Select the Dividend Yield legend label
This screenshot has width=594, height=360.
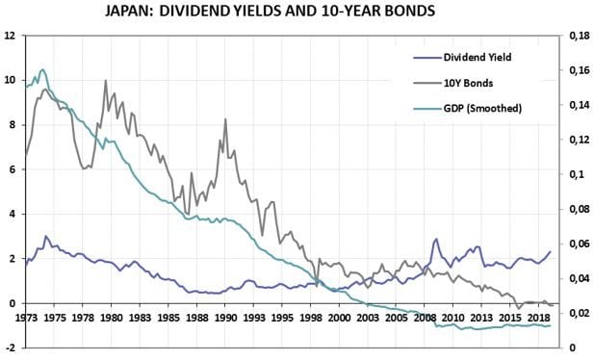(x=478, y=57)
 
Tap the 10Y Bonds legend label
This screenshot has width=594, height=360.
(x=469, y=83)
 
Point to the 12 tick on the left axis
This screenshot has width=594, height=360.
(x=10, y=36)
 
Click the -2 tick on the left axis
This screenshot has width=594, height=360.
(x=10, y=348)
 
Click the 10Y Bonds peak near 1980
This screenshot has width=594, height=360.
(x=105, y=81)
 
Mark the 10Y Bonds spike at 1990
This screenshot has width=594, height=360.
(x=225, y=119)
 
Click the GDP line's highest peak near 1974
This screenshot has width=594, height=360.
(x=42, y=69)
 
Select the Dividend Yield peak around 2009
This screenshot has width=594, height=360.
(x=436, y=240)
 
